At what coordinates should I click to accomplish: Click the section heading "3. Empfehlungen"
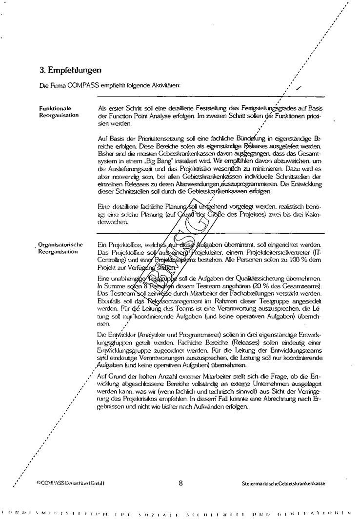(x=70, y=70)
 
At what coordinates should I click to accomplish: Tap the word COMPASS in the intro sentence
(x=74, y=86)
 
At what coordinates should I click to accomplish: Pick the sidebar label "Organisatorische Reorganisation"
(x=61, y=248)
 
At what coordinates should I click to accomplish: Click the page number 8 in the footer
(x=180, y=483)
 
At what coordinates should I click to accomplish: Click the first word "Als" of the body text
(x=102, y=108)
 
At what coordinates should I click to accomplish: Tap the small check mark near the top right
(x=299, y=88)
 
